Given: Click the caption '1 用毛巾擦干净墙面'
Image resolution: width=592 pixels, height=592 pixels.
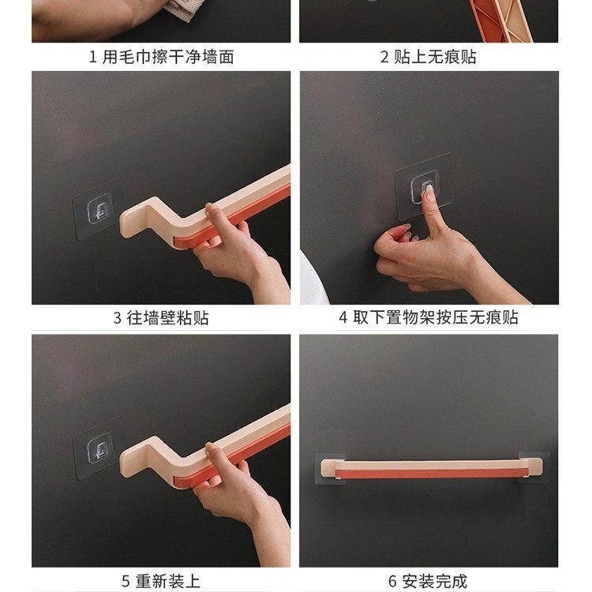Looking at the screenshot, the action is click(161, 57).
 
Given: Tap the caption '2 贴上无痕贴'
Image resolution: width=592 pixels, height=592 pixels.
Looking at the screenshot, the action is click(428, 57).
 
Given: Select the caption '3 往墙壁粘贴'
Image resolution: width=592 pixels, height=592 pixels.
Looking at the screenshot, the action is click(161, 318).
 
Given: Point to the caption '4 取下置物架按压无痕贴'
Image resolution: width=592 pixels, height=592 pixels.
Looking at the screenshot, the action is click(429, 317).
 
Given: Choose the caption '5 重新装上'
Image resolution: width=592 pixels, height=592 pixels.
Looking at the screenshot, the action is click(161, 581).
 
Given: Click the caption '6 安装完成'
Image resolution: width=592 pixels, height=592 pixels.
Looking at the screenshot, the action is click(428, 581).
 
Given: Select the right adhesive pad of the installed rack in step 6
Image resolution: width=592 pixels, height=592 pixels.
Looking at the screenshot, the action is click(534, 467).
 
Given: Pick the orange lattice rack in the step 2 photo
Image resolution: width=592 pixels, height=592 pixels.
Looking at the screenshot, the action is click(500, 20).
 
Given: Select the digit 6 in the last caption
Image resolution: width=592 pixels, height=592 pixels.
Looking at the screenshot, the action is click(392, 582).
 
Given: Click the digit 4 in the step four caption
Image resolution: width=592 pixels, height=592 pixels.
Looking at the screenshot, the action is click(343, 317).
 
